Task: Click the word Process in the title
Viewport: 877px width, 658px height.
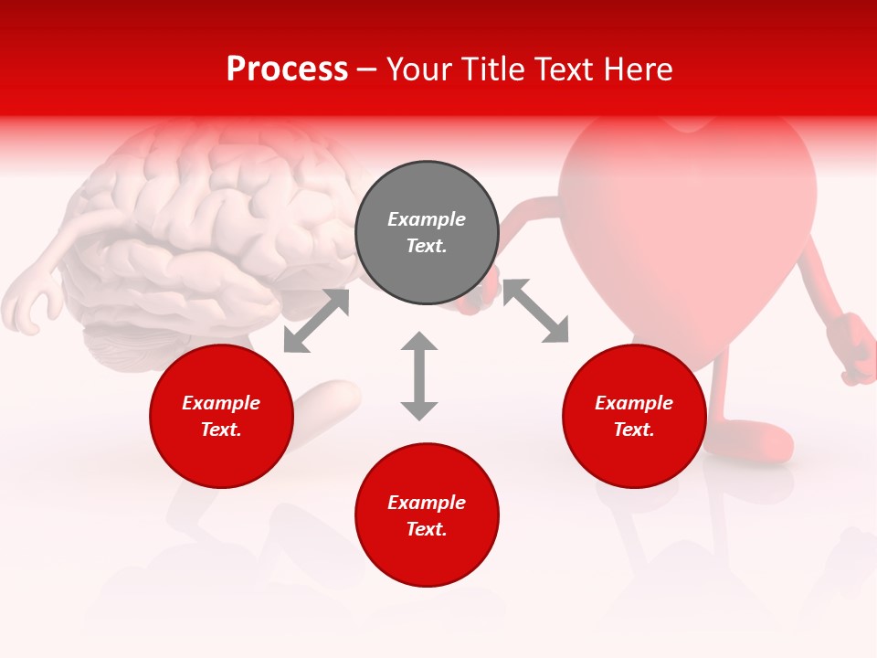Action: coord(287,69)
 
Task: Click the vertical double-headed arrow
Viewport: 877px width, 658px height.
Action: coord(419,376)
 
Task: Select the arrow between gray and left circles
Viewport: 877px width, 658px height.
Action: coord(316,321)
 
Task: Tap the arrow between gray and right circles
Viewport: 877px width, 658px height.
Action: coord(535,311)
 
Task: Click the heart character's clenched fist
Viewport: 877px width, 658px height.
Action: coord(856,347)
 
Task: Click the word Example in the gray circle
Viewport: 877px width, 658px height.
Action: coord(427,219)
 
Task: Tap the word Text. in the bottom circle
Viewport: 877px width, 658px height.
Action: coord(427,529)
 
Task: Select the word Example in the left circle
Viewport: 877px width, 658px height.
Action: coord(221,403)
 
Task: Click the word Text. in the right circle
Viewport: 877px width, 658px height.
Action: coord(634,430)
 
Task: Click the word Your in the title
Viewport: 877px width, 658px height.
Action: coord(417,69)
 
